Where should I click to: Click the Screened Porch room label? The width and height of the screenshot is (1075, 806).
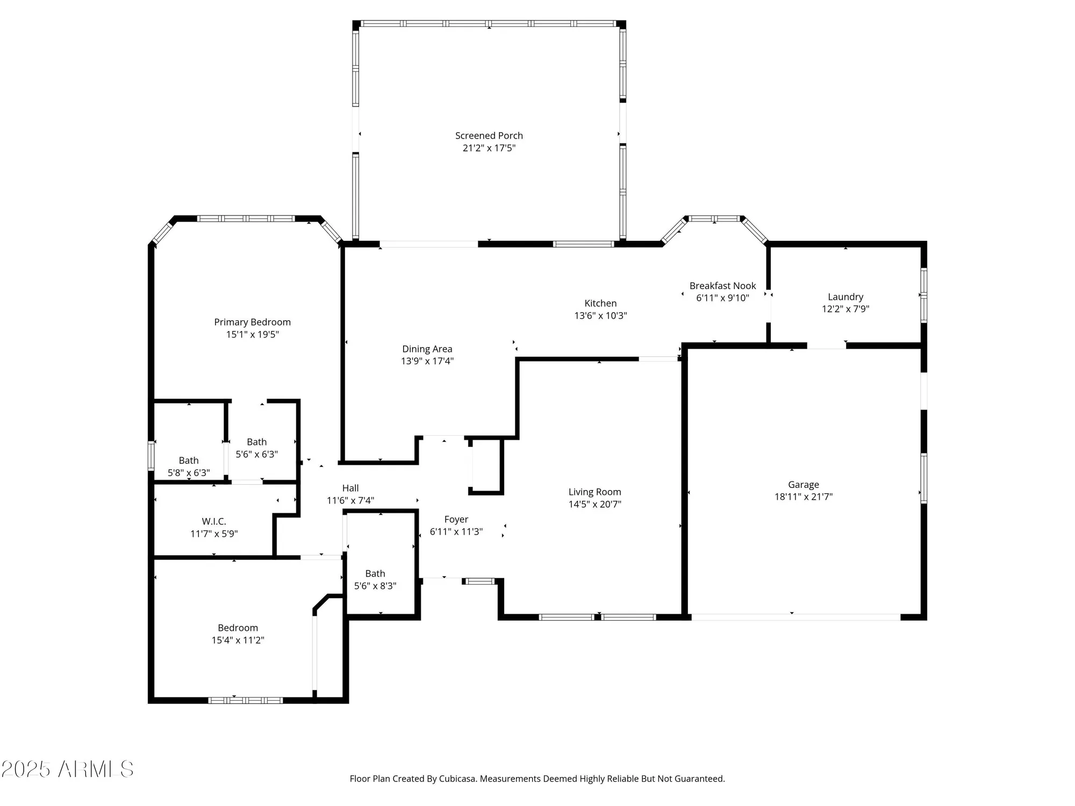[x=489, y=135]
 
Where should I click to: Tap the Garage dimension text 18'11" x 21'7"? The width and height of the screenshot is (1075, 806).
[x=803, y=497]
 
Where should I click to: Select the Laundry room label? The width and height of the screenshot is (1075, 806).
[x=845, y=297]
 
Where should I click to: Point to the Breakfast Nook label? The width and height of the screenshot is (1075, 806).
[x=722, y=286]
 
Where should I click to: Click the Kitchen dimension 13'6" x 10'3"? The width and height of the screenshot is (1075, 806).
[x=600, y=316]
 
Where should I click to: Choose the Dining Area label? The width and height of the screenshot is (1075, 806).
[x=427, y=349]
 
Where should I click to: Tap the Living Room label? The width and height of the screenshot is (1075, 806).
[x=594, y=492]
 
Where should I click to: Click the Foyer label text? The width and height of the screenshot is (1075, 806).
[x=456, y=519]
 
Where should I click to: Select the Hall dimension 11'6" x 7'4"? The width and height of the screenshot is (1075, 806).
[x=350, y=501]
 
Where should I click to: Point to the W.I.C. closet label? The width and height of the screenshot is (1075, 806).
[x=213, y=521]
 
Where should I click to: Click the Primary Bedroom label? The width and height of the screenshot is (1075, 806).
[x=252, y=322]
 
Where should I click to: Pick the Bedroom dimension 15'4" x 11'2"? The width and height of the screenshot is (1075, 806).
[x=238, y=640]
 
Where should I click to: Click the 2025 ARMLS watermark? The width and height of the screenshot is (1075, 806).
[x=67, y=769]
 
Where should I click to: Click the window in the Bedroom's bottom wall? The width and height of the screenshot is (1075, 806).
[x=246, y=700]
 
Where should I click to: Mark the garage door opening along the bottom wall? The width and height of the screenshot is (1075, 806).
[x=795, y=617]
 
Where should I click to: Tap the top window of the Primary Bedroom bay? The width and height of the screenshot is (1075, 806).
[x=246, y=219]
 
